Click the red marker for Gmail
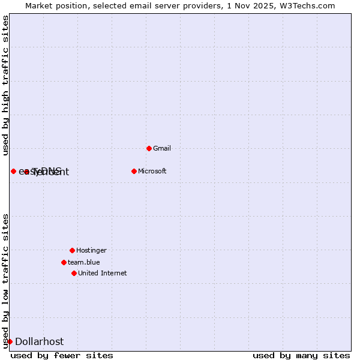(x=149, y=148)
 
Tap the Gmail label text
(x=163, y=148)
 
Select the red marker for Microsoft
(x=134, y=171)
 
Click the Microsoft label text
(x=152, y=171)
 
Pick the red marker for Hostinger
(x=72, y=250)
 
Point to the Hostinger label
(x=91, y=250)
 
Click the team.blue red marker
(x=64, y=262)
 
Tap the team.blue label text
(x=83, y=262)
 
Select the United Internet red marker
(x=74, y=273)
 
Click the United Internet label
(x=102, y=273)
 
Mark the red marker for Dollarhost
(x=10, y=341)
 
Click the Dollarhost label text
(x=39, y=342)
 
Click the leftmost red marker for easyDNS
(x=13, y=171)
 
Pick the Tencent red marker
(x=26, y=172)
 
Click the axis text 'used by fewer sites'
(x=62, y=355)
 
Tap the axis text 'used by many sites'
(x=301, y=355)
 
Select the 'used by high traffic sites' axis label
(x=5, y=85)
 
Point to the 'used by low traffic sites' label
(x=5, y=281)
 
